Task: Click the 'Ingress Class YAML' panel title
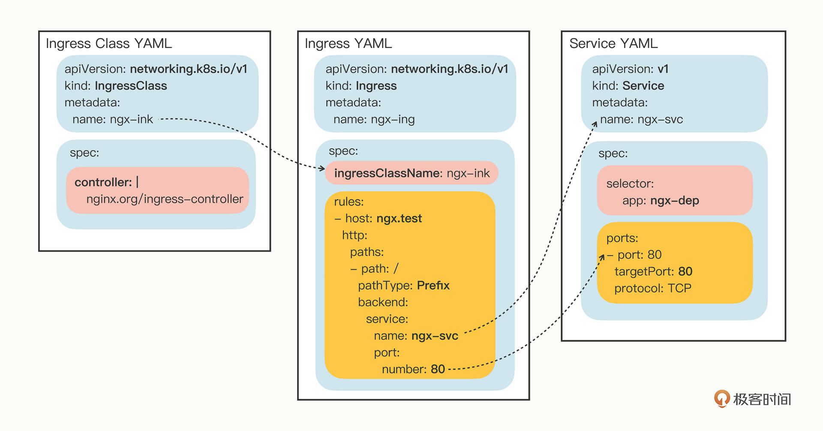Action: (108, 43)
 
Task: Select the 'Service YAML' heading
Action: (613, 43)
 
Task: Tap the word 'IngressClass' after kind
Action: (131, 86)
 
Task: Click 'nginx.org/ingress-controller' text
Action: (165, 199)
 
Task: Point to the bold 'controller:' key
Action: (103, 182)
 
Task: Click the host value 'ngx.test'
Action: (399, 218)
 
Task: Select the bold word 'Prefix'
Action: (433, 286)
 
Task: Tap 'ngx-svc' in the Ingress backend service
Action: (435, 336)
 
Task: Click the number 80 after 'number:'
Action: (438, 369)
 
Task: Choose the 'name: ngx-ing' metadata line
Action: (374, 119)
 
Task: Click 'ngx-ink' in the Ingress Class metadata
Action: (131, 119)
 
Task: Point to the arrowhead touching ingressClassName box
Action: (322, 168)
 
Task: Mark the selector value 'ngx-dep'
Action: (674, 200)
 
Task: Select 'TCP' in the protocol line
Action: (679, 288)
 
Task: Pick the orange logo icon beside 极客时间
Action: (721, 398)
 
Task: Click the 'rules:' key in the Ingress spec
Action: (348, 202)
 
